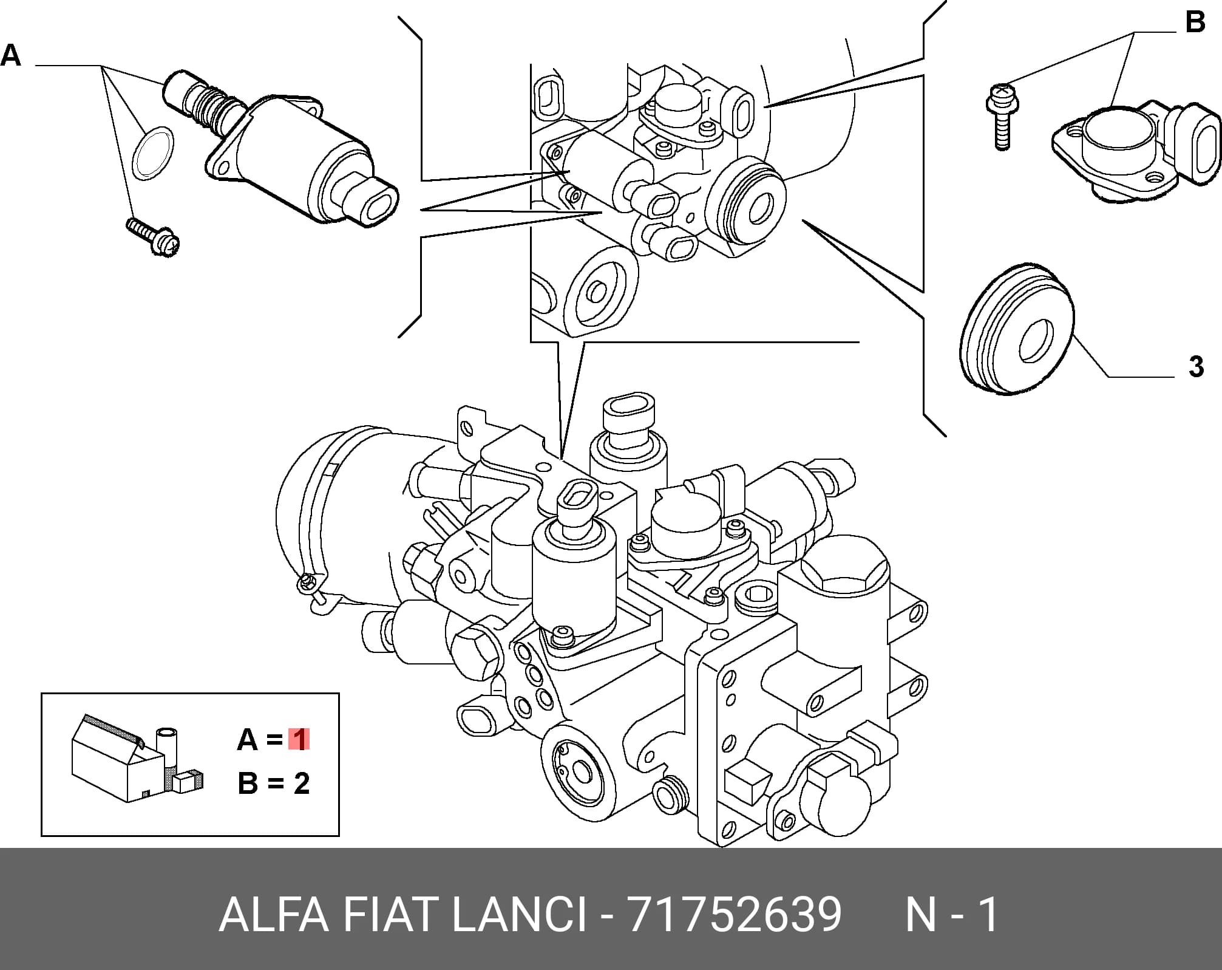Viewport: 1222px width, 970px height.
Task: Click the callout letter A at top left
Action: pos(11,56)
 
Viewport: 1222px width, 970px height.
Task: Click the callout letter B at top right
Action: pos(1195,22)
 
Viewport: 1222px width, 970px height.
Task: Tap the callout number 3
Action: pos(1195,367)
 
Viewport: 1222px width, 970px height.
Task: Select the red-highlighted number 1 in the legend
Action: pos(299,740)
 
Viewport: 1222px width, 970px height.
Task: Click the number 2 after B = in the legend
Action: pos(302,784)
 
